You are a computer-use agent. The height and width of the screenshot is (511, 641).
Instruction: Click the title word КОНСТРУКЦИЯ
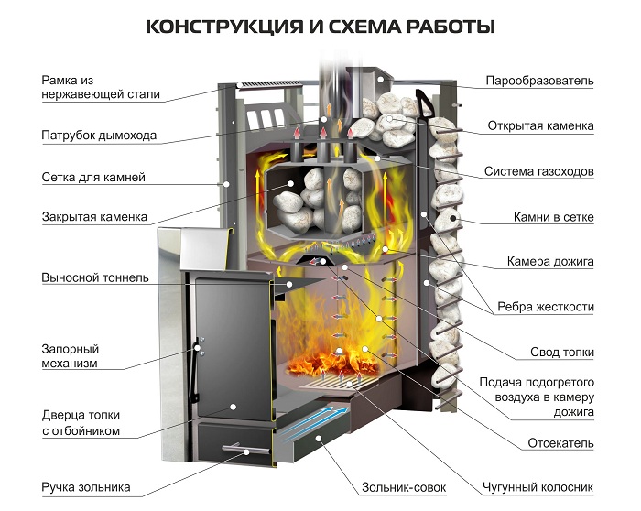point(224,27)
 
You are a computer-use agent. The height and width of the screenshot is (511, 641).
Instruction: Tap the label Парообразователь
point(539,81)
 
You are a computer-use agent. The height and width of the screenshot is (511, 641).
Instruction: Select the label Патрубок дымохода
point(99,136)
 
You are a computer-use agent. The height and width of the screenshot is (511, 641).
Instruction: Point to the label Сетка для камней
point(93,178)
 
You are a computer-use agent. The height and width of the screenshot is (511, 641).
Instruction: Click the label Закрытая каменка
point(94,217)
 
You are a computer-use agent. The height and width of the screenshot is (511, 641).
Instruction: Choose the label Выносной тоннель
point(95,278)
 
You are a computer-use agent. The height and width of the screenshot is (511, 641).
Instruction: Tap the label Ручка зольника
point(86,487)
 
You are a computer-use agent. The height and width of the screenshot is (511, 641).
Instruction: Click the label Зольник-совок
point(404,487)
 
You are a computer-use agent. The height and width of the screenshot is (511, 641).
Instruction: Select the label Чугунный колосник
point(538,487)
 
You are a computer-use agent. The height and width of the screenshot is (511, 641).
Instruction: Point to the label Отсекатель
point(560,443)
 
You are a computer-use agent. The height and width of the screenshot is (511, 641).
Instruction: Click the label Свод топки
point(562,352)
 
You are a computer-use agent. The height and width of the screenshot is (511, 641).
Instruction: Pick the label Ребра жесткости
point(546,307)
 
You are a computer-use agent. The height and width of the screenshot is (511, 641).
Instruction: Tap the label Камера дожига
point(550,262)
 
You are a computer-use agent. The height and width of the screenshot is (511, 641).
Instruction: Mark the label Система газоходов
point(538,171)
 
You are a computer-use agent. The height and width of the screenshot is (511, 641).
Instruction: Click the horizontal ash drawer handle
point(245,449)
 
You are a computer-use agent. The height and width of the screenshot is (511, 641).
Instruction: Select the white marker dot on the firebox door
point(233,407)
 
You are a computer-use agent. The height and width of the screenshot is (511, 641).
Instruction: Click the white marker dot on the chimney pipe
point(324,119)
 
